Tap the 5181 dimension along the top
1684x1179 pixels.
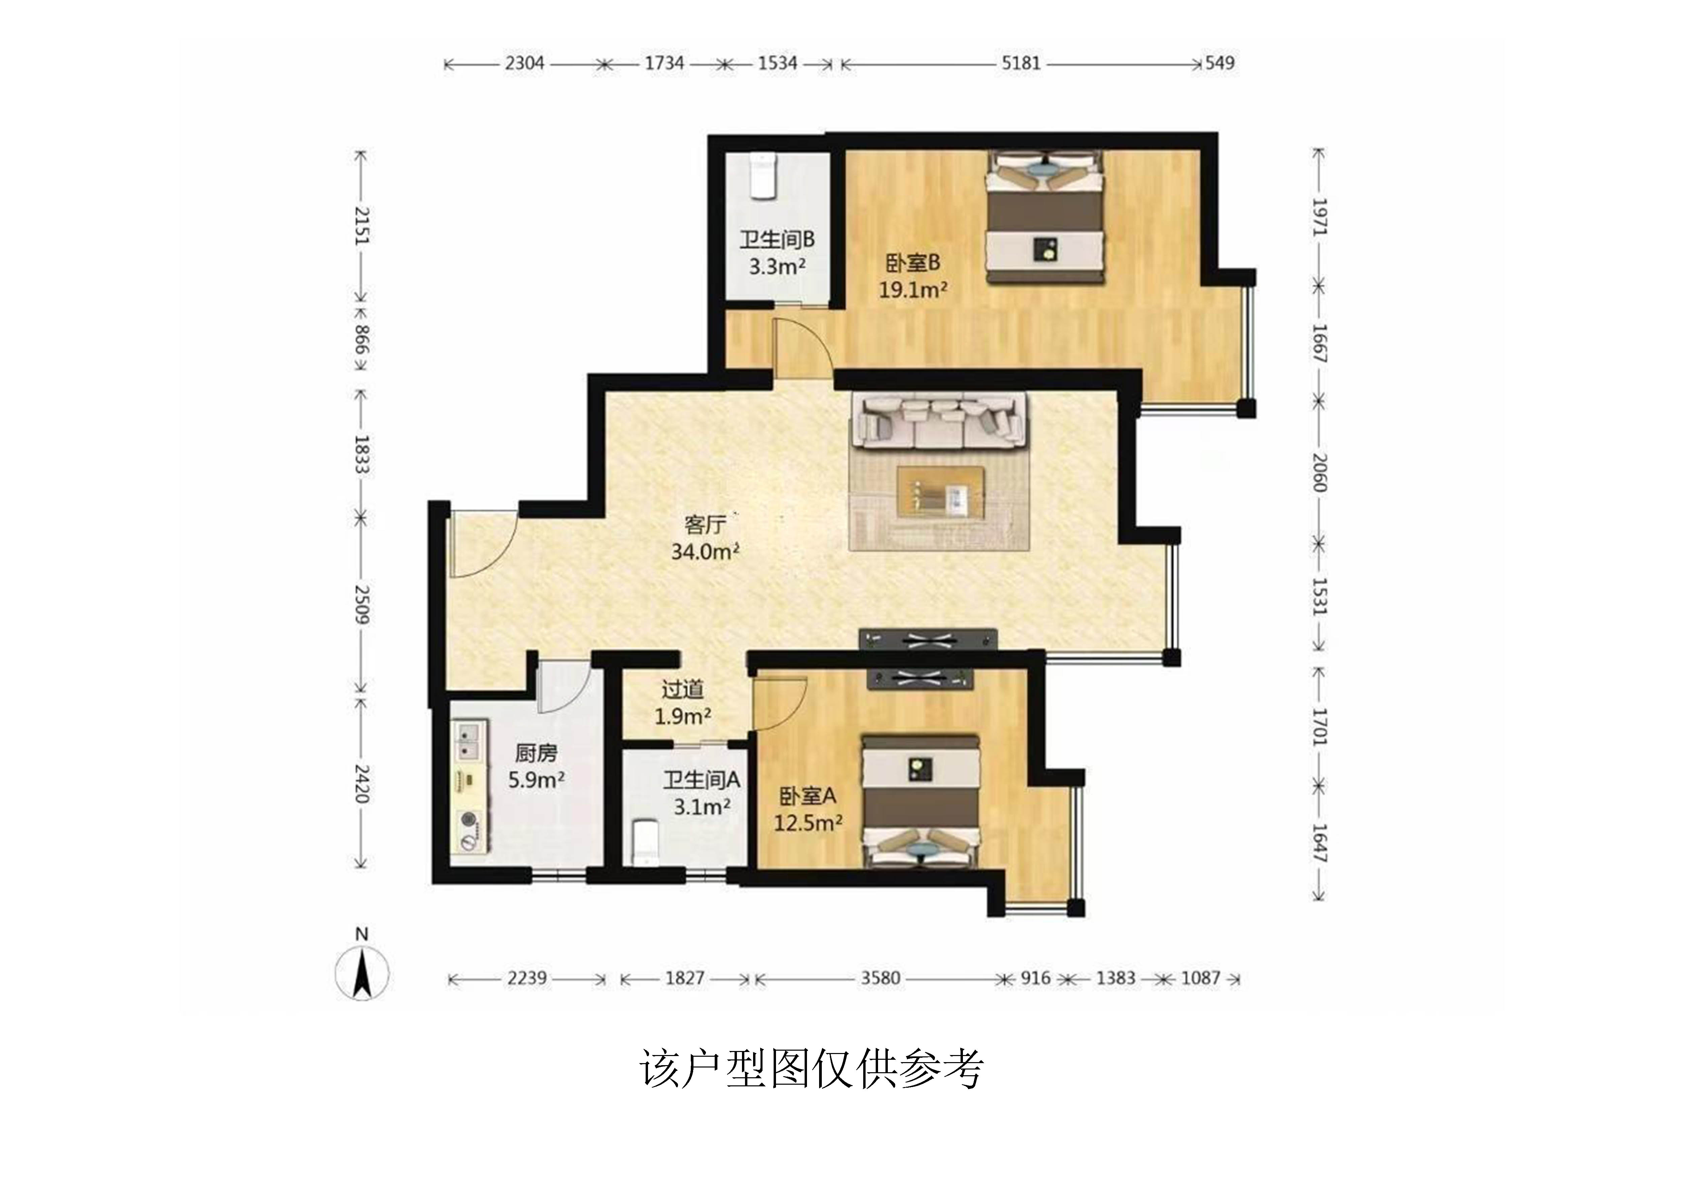tap(1021, 63)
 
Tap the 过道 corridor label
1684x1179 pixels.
tap(682, 690)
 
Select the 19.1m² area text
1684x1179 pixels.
tap(913, 290)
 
